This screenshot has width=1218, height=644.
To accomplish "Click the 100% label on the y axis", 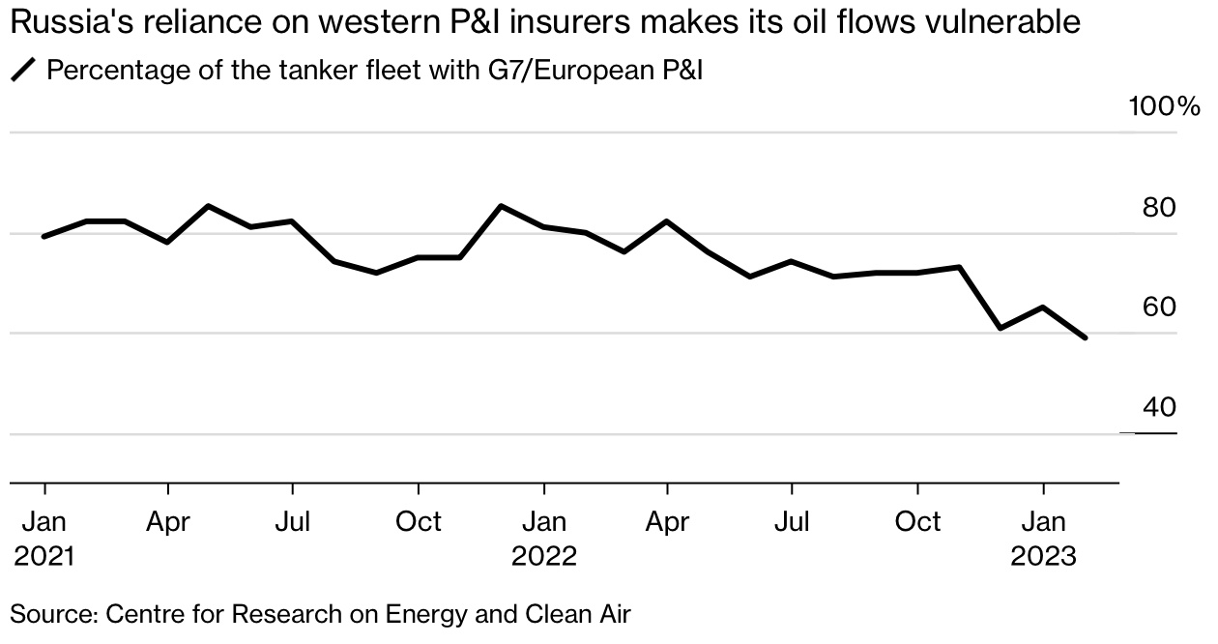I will [x=1165, y=105].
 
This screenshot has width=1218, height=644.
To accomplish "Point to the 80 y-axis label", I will [x=1159, y=208].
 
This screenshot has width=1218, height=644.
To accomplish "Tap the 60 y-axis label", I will [x=1159, y=307].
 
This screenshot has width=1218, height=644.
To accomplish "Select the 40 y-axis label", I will [x=1159, y=408].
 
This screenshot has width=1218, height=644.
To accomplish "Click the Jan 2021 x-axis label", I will [x=44, y=538].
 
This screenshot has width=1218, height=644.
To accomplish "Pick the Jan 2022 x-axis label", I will [x=544, y=538].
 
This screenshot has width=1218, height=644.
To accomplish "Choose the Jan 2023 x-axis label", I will [x=1043, y=538].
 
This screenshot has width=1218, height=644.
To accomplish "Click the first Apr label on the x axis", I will [x=168, y=522].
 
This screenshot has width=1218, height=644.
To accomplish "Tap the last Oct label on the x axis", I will [x=917, y=522].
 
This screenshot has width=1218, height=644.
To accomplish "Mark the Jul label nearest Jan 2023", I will [x=792, y=522].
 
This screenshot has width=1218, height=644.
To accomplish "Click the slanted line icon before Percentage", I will [x=22, y=71].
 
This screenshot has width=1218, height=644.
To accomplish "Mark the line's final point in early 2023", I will [x=1086, y=337].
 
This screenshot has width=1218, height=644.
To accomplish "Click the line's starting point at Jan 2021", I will [x=44, y=236].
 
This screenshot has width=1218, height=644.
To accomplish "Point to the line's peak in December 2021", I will [x=501, y=206].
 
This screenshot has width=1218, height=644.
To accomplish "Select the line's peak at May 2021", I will [x=210, y=206].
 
